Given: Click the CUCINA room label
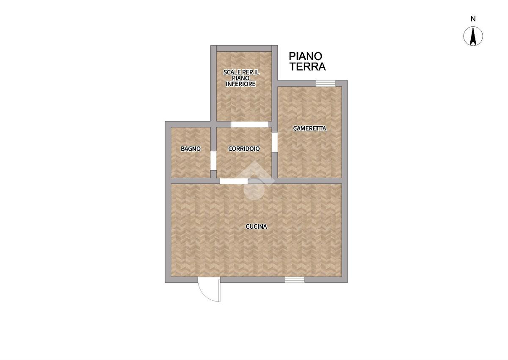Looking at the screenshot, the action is pyautogui.click(x=256, y=227).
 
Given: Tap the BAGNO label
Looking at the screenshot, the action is pyautogui.click(x=190, y=149).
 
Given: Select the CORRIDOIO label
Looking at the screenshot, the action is pyautogui.click(x=244, y=149).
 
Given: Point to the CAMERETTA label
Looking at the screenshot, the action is pyautogui.click(x=309, y=128).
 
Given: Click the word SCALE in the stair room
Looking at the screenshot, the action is pyautogui.click(x=232, y=72).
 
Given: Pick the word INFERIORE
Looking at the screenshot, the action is pyautogui.click(x=240, y=84).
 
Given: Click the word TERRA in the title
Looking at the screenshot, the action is pyautogui.click(x=308, y=66).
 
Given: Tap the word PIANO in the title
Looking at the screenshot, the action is pyautogui.click(x=306, y=56).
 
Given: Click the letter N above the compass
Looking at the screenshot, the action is pyautogui.click(x=473, y=19).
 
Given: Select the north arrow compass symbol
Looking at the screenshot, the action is pyautogui.click(x=473, y=36).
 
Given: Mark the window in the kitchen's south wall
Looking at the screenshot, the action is pyautogui.click(x=295, y=280).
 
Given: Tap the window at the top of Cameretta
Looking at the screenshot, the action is pyautogui.click(x=326, y=83).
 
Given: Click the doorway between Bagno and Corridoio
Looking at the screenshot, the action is pyautogui.click(x=213, y=161).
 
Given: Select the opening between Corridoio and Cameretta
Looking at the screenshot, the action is pyautogui.click(x=275, y=142).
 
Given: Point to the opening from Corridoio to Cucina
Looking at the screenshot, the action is pyautogui.click(x=234, y=181).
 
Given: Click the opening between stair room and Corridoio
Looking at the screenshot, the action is pyautogui.click(x=250, y=125).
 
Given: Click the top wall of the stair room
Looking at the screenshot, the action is pyautogui.click(x=244, y=48).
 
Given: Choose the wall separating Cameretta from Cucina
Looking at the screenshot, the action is pyautogui.click(x=310, y=181).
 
